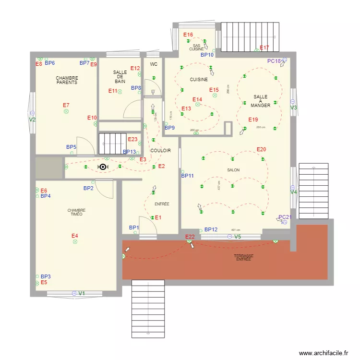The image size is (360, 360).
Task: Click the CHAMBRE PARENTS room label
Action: [x=67, y=80]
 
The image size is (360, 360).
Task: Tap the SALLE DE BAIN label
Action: [x=120, y=77]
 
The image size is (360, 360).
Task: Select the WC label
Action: [x=154, y=64]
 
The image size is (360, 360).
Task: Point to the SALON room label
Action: [x=233, y=170]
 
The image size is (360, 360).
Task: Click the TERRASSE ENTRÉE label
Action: [x=243, y=257]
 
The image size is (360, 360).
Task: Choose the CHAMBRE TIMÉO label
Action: [x=76, y=212]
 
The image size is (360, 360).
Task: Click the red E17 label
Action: [x=264, y=48]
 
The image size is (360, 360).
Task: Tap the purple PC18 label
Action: [x=274, y=61]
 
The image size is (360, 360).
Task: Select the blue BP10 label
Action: [x=207, y=55]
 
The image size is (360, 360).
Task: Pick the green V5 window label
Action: [x=238, y=237]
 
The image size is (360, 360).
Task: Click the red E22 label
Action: [x=190, y=237]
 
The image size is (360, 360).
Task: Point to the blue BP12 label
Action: [x=211, y=230]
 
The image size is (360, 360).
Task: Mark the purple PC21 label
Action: [x=285, y=217]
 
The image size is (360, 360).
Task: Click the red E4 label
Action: [x=75, y=236]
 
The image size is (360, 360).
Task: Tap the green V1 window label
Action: [x=82, y=293]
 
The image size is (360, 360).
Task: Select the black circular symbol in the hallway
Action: [x=102, y=167]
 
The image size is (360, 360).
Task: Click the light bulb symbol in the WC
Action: [x=153, y=91]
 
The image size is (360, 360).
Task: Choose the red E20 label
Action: [x=261, y=149]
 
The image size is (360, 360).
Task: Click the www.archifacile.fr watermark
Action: [x=324, y=353]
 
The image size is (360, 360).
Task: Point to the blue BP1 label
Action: [x=133, y=228]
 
